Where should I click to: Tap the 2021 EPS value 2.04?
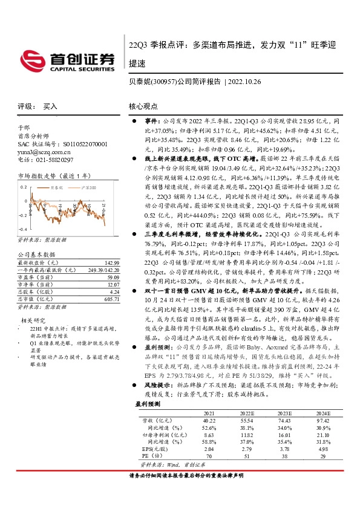click(x=209, y=465)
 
